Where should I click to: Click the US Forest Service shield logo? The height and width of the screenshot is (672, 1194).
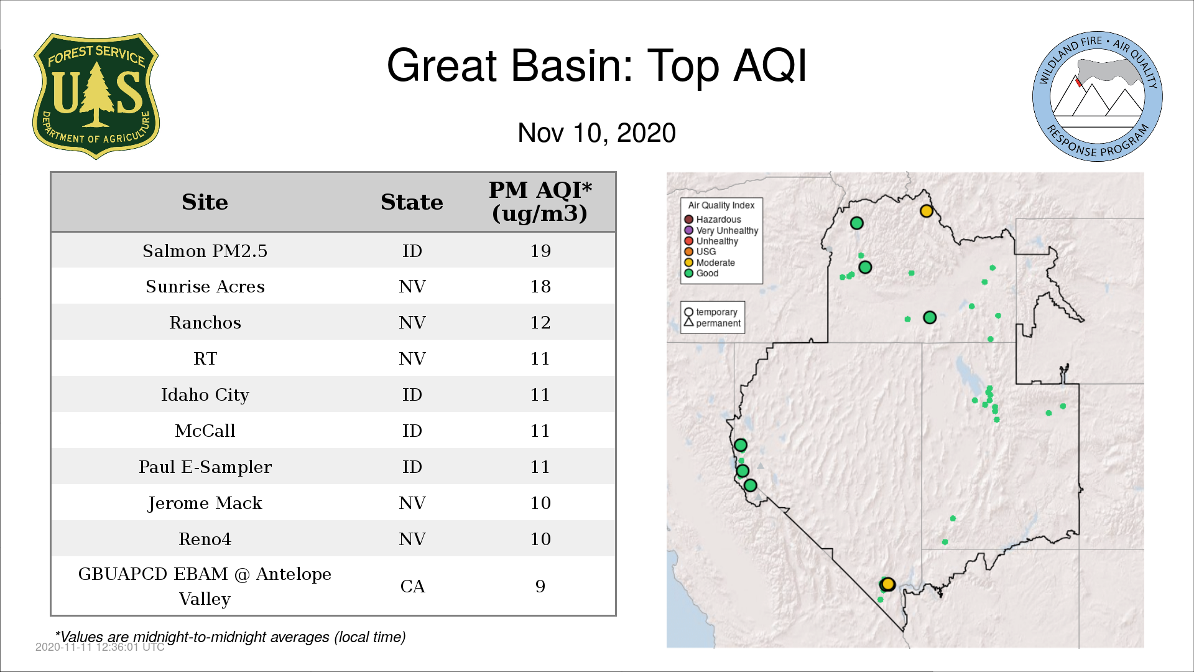click(x=96, y=96)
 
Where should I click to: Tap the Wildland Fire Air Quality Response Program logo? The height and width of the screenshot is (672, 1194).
click(x=1097, y=96)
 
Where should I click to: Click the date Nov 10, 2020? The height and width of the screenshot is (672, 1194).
click(x=596, y=133)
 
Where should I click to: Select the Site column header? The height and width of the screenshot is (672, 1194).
click(x=205, y=202)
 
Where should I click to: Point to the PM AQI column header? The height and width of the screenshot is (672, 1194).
click(x=540, y=202)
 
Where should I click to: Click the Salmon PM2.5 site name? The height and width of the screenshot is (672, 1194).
click(x=205, y=251)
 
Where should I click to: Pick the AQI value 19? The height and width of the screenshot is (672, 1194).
click(x=540, y=251)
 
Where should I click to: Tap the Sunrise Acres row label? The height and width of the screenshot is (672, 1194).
click(x=205, y=286)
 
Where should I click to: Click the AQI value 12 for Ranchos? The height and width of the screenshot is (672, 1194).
click(x=540, y=322)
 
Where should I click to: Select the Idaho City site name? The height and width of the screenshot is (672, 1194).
click(x=205, y=395)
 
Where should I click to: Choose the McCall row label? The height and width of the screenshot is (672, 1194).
click(x=205, y=431)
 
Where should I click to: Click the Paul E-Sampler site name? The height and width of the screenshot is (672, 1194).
click(x=205, y=467)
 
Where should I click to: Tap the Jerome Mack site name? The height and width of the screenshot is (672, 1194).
click(x=205, y=503)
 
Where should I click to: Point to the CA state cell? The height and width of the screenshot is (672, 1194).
click(x=412, y=586)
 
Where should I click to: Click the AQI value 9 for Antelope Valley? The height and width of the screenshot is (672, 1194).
click(x=540, y=586)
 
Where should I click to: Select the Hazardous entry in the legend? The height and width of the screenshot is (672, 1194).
click(x=713, y=220)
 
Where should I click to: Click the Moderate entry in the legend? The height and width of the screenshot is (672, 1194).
click(x=710, y=263)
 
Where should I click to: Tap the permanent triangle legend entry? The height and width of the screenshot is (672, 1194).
click(x=712, y=323)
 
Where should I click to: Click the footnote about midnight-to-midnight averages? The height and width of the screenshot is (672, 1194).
click(x=230, y=637)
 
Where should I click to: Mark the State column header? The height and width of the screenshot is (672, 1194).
click(x=412, y=202)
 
